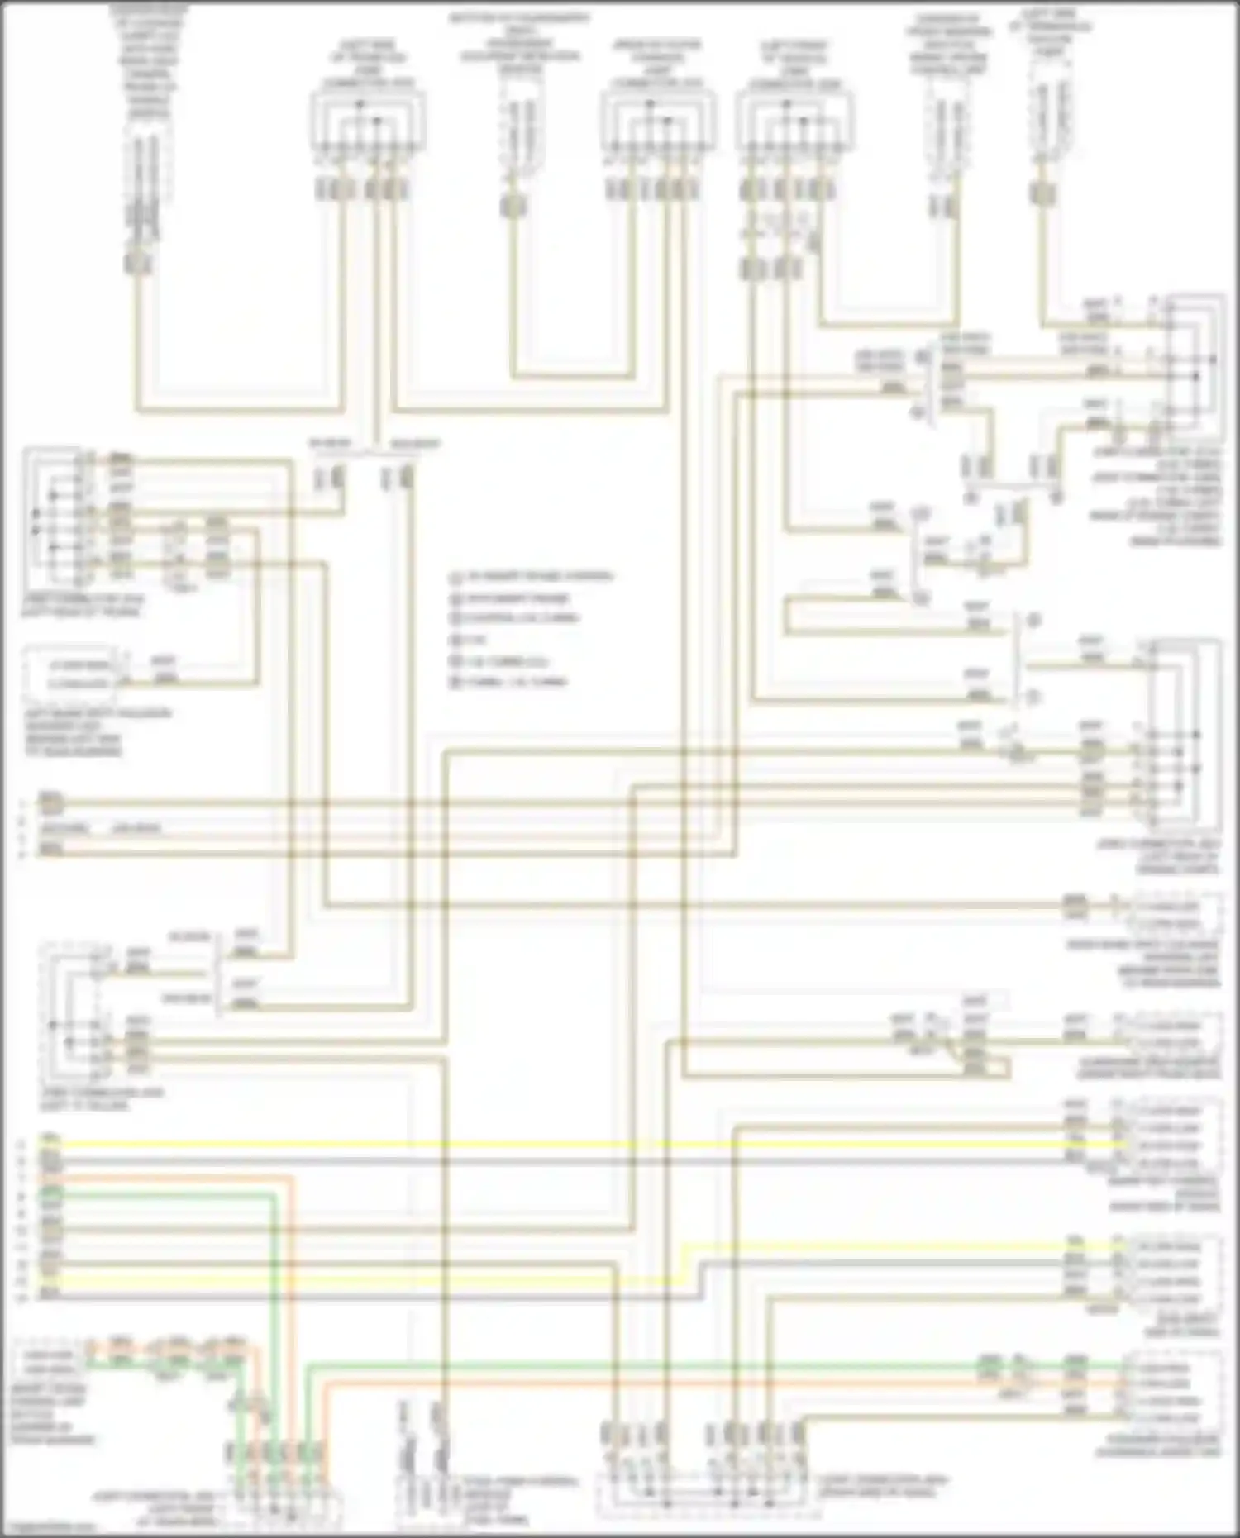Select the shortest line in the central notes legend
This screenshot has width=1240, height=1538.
[467, 640]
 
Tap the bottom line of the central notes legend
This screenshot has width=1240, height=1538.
[508, 683]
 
